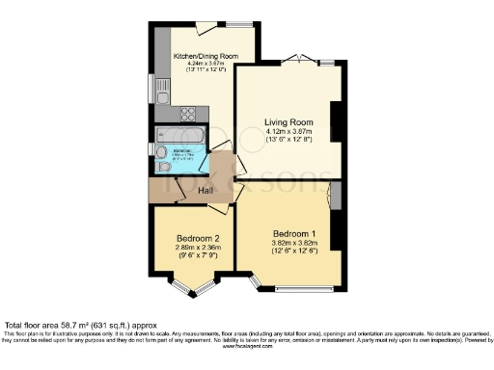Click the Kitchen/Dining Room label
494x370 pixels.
tap(205, 56)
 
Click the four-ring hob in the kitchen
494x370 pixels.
tap(186, 113)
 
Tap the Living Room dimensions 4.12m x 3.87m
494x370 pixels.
tap(291, 132)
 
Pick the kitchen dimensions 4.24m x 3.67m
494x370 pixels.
tap(205, 64)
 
